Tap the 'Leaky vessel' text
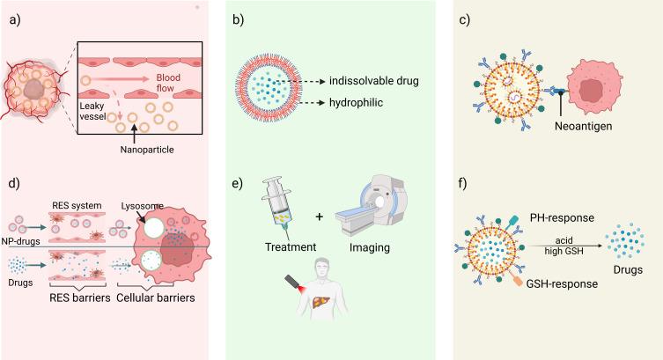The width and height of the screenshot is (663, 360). point(98,111)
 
